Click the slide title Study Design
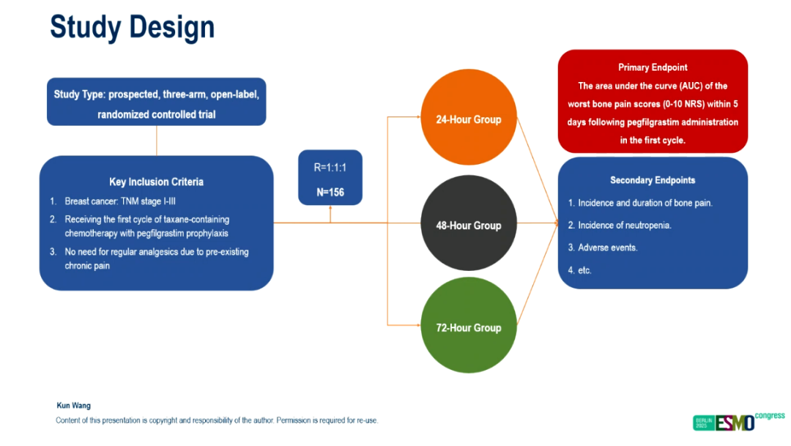[x=132, y=28]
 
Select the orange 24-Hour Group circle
[x=469, y=119]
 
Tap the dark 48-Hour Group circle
[x=469, y=225]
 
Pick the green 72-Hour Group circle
[x=469, y=327]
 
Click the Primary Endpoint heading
[x=653, y=67]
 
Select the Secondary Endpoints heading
[x=653, y=180]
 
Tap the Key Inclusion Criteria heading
[x=156, y=182]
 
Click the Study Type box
[x=156, y=103]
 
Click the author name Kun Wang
[x=73, y=406]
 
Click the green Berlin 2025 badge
[x=702, y=423]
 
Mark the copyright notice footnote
[x=217, y=420]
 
